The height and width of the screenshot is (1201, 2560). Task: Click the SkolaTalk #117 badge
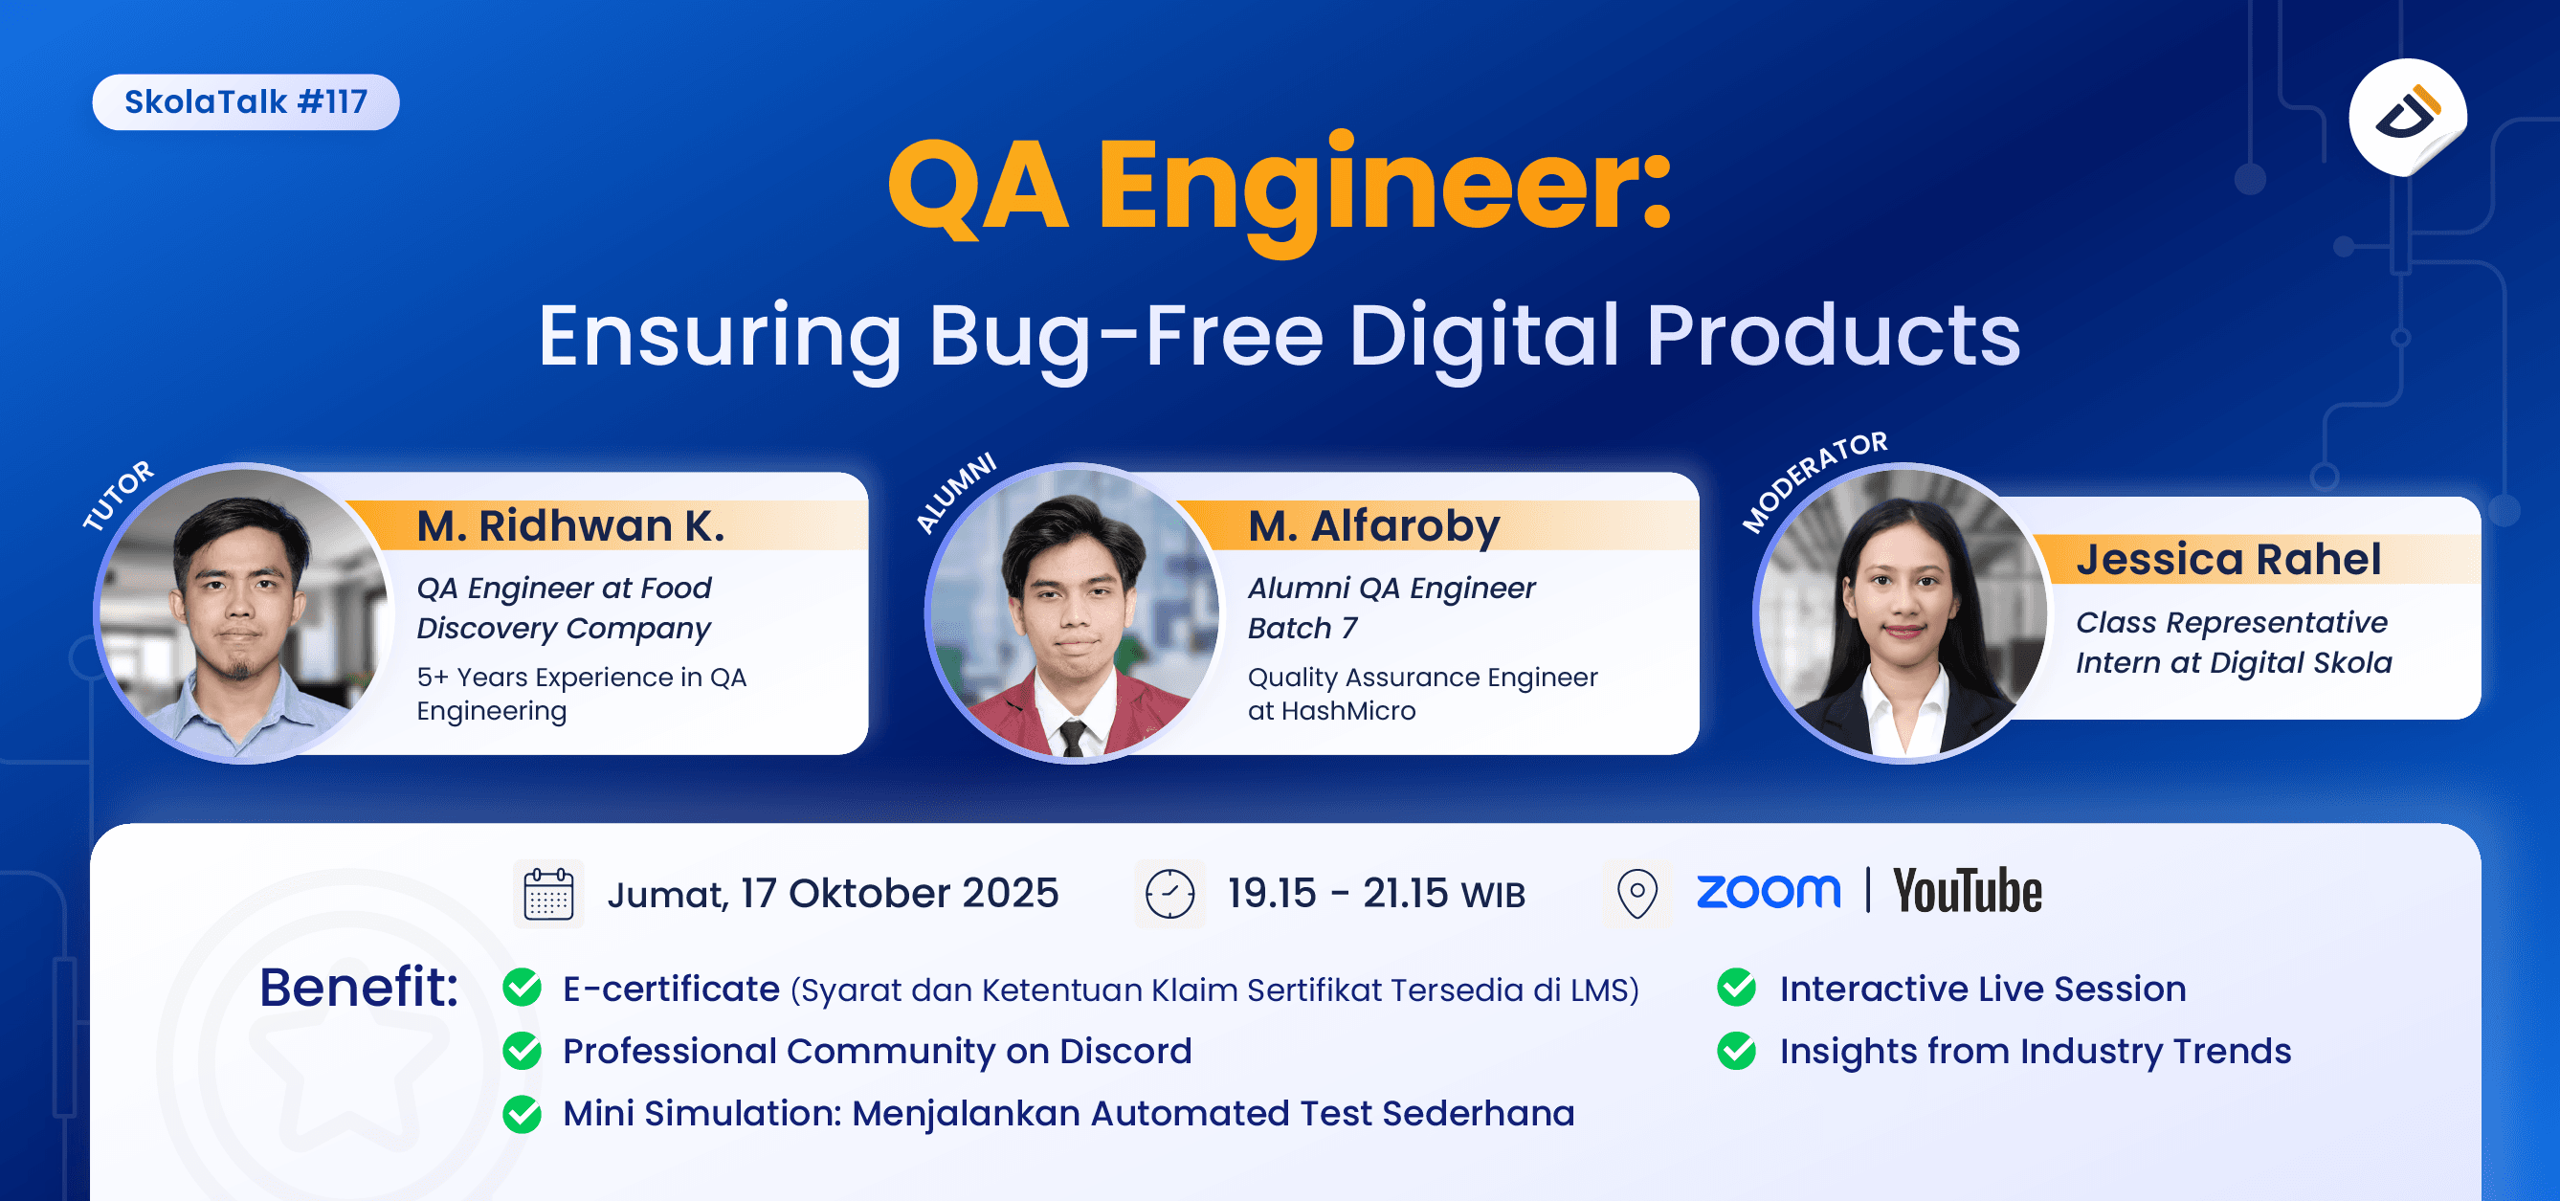coord(245,102)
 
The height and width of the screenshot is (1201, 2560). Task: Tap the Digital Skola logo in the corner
coord(2407,117)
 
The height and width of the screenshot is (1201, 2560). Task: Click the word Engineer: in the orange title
coord(1386,189)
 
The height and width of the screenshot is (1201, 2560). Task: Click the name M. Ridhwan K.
coord(570,525)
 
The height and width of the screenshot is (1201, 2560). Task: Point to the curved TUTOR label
coord(119,495)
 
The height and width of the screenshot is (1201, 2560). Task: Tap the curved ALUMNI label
coord(955,492)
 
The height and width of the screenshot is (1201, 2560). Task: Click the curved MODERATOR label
coord(1814,479)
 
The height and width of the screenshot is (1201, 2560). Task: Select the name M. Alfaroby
coord(1373,525)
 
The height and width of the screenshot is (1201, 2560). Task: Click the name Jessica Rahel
coord(2228,559)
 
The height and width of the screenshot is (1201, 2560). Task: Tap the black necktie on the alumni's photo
coord(1071,737)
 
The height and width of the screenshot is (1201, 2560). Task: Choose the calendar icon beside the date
coord(548,894)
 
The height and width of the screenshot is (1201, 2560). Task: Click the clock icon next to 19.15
coord(1169,894)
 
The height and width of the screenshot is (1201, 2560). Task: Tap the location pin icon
coord(1636,894)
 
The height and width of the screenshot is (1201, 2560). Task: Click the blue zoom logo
coord(1768,891)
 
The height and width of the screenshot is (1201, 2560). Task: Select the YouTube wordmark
coord(1967,891)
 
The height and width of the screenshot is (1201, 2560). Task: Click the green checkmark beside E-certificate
coord(522,989)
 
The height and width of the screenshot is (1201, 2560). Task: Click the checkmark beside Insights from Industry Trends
coord(1736,1051)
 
